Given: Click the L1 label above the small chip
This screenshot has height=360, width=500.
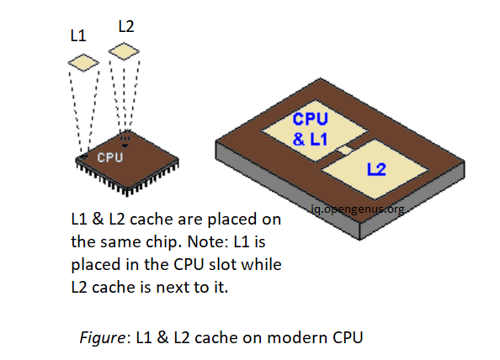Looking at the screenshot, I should (x=78, y=36).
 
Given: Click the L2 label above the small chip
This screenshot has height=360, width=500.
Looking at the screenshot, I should (x=126, y=26).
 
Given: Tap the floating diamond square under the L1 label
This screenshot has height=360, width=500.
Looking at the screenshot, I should (x=83, y=62).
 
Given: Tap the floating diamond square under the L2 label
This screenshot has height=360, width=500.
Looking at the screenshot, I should (x=124, y=52).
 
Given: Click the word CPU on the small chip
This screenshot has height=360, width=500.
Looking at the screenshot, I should (x=110, y=157).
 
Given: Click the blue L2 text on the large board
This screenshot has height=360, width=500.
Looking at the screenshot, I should (x=376, y=171).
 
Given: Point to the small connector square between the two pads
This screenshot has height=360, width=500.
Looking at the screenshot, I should (x=343, y=151).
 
